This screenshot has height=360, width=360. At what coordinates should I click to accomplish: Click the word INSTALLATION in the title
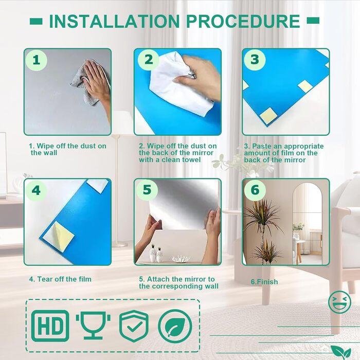114,21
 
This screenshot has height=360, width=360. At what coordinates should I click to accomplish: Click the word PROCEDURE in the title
243,21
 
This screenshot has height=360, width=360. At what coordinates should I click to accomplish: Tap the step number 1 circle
37,60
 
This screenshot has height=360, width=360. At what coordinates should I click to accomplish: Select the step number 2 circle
148,60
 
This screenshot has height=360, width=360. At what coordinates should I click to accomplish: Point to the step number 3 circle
255,60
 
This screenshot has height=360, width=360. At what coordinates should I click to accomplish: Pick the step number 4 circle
37,190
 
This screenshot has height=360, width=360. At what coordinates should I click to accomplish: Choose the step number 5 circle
147,190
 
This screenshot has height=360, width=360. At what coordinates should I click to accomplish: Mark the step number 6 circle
255,190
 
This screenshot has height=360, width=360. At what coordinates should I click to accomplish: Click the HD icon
50,326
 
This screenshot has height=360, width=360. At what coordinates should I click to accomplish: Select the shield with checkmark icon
134,326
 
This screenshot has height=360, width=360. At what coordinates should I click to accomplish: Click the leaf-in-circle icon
175,326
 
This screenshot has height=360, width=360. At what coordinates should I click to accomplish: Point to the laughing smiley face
339,302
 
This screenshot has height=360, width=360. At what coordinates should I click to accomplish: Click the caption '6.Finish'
264,282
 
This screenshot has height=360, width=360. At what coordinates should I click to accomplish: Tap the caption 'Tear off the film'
64,279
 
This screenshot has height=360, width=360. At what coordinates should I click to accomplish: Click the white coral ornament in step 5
181,259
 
